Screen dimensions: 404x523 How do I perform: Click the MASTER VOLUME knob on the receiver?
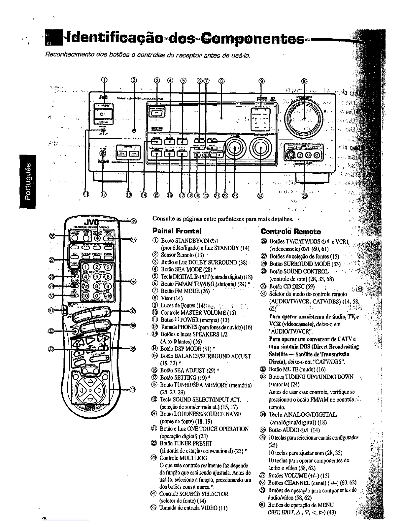click(304, 118)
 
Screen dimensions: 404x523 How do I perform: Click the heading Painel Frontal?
click(177, 230)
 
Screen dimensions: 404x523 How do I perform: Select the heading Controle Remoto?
click(290, 231)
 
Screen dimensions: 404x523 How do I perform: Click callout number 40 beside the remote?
click(132, 389)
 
